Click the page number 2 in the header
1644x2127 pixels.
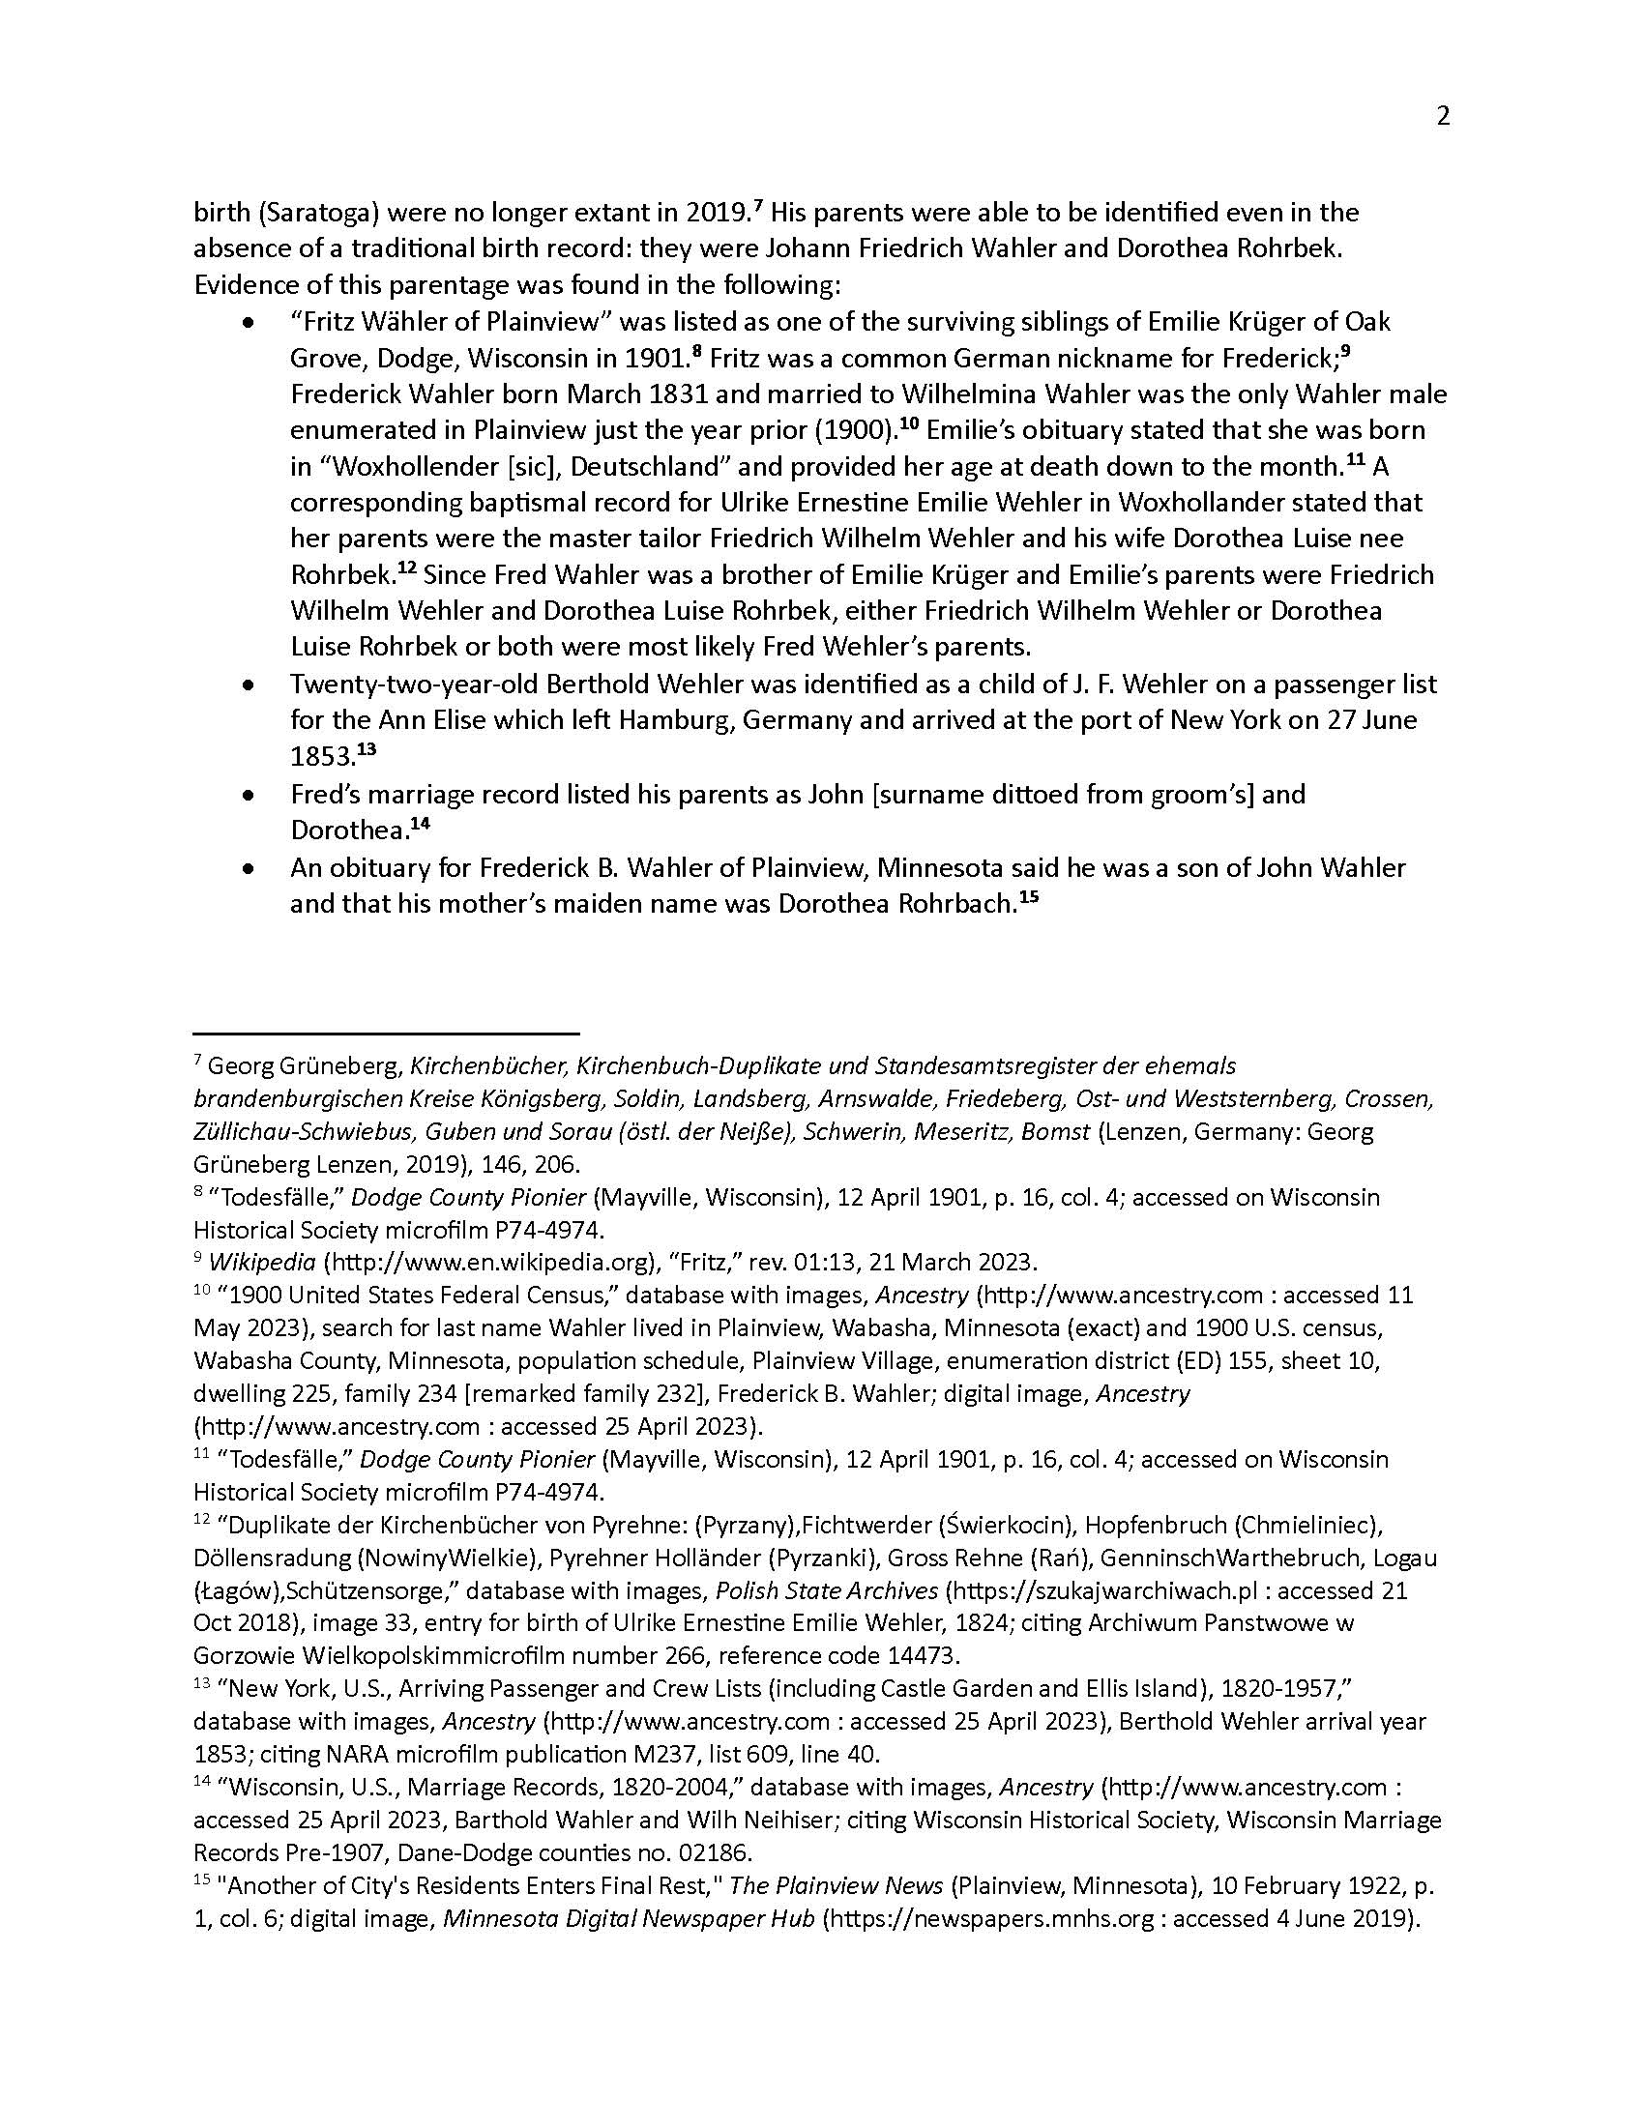coord(1443,117)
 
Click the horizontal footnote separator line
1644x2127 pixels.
coord(386,1032)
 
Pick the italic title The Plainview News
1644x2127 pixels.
coord(836,1885)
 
